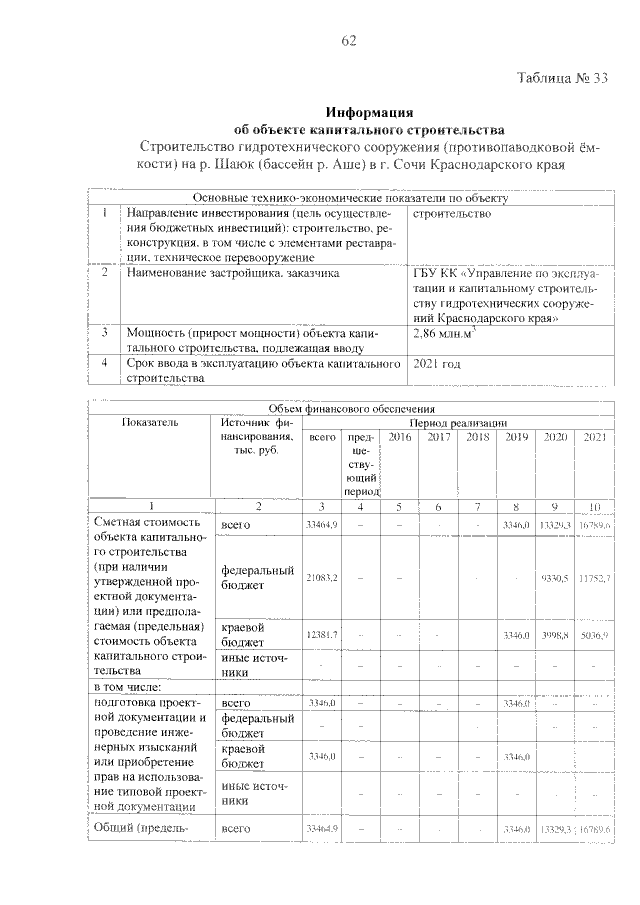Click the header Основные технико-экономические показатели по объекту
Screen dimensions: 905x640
tap(350, 198)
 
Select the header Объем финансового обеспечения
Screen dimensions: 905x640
tap(350, 407)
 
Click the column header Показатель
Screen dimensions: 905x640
tap(150, 422)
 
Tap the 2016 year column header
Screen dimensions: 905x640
tap(398, 437)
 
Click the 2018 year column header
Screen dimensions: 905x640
tap(478, 437)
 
